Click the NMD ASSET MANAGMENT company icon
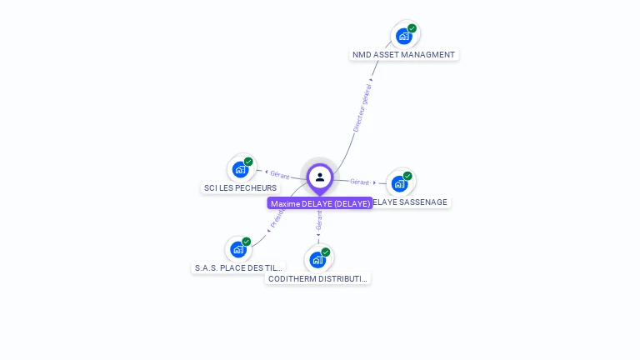click(404, 36)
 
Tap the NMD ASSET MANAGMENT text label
click(403, 55)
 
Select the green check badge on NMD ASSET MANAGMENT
click(412, 28)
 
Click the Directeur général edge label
click(362, 107)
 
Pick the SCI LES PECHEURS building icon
click(241, 169)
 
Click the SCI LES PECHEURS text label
click(240, 188)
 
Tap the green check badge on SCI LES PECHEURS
click(248, 162)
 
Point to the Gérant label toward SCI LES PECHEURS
click(279, 175)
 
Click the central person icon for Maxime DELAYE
click(320, 177)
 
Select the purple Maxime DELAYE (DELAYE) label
click(320, 203)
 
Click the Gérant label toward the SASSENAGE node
click(359, 182)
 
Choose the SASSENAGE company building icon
click(400, 183)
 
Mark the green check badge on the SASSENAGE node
click(407, 176)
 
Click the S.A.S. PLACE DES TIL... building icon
click(238, 249)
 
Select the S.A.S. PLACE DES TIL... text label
click(239, 268)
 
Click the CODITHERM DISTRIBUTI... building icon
click(317, 259)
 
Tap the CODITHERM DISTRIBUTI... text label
click(317, 278)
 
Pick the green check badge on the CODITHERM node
click(326, 252)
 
